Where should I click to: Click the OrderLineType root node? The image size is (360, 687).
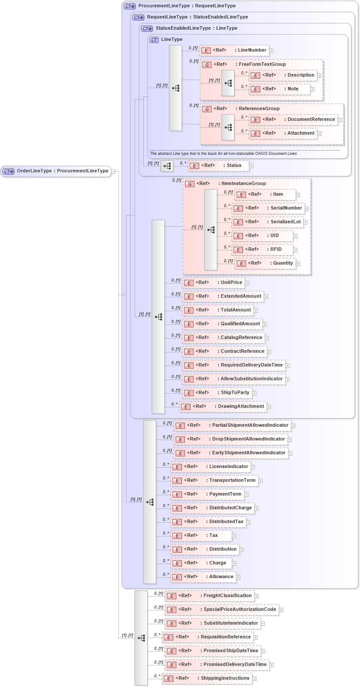(56, 171)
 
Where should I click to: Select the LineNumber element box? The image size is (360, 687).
(235, 50)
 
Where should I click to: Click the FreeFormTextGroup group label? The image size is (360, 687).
(262, 64)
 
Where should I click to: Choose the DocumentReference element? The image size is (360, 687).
(293, 120)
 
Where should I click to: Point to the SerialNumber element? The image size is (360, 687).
(268, 208)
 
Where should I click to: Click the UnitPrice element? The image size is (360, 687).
(213, 283)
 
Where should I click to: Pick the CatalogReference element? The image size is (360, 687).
(223, 338)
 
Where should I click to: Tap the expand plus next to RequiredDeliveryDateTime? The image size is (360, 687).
(288, 366)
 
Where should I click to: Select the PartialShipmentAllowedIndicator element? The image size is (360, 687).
(232, 425)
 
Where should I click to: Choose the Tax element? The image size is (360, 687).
(201, 536)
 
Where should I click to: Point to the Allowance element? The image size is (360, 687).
(203, 577)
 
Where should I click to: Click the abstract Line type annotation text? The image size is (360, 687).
(223, 154)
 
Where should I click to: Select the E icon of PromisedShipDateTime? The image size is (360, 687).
(171, 651)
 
